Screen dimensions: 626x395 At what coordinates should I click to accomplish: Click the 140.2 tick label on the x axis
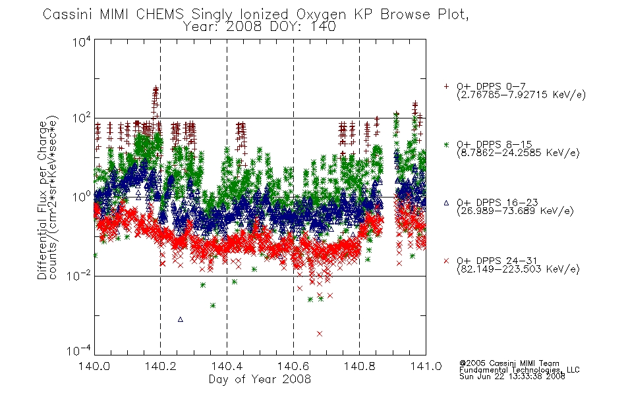[x=161, y=366]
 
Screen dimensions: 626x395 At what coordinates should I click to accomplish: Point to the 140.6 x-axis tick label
[x=293, y=366]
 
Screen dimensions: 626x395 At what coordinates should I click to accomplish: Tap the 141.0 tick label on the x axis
[x=426, y=366]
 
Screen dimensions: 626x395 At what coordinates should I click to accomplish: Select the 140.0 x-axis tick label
[x=94, y=366]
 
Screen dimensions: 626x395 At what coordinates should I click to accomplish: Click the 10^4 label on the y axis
[x=82, y=42]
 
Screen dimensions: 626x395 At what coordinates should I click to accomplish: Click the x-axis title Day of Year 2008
[x=260, y=379]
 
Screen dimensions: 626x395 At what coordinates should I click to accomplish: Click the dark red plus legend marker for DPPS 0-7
[x=446, y=86]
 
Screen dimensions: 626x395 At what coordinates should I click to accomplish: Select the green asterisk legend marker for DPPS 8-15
[x=446, y=144]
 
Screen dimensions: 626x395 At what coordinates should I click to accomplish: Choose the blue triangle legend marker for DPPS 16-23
[x=446, y=203]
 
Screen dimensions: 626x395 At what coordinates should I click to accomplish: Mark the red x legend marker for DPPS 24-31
[x=446, y=261]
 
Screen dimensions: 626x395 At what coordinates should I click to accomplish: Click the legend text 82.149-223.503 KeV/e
[x=518, y=269]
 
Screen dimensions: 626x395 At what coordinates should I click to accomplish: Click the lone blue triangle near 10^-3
[x=181, y=319]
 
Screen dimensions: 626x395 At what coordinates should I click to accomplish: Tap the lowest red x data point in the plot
[x=320, y=334]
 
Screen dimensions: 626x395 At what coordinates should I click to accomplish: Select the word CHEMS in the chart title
[x=160, y=14]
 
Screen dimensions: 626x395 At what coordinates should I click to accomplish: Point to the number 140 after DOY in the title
[x=323, y=27]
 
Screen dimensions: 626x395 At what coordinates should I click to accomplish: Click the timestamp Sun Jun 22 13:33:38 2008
[x=512, y=377]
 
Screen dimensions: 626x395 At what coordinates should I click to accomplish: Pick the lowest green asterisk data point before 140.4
[x=213, y=305]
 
